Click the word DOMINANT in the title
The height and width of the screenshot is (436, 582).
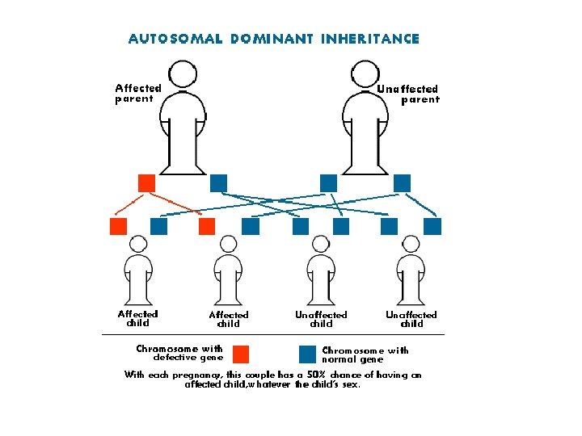pos(272,39)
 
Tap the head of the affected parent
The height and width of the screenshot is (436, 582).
pos(183,74)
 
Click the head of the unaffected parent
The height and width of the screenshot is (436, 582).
pos(365,74)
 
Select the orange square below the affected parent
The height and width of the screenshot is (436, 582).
pos(146,183)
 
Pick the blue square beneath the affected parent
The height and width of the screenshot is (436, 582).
pos(218,183)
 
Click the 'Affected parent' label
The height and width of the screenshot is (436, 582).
pos(138,94)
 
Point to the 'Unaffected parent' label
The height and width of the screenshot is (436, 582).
pos(408,94)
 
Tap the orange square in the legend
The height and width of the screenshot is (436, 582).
pos(241,354)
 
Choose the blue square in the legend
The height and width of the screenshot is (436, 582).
pos(307,354)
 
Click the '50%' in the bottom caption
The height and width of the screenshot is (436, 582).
pos(316,375)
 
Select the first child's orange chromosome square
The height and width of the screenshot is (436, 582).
pos(118,226)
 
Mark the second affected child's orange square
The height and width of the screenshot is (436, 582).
pos(207,226)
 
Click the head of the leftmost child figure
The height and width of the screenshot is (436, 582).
pos(138,245)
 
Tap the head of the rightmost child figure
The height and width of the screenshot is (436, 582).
pos(411,245)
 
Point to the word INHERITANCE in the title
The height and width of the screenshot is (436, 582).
pos(370,39)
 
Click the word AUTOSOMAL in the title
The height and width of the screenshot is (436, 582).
pos(175,39)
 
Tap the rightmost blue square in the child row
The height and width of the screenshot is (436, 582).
pos(432,226)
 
